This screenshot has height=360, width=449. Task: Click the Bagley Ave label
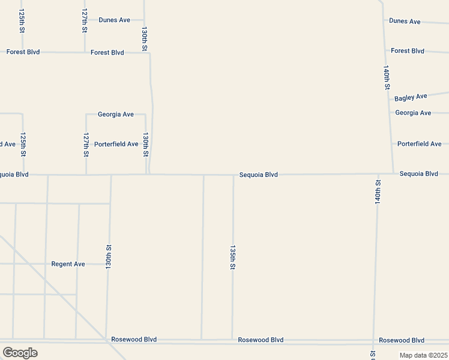pyautogui.click(x=411, y=97)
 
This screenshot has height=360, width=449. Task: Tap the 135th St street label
pyautogui.click(x=232, y=257)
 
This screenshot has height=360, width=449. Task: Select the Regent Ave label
pyautogui.click(x=68, y=264)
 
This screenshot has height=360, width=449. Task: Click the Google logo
pyautogui.click(x=20, y=353)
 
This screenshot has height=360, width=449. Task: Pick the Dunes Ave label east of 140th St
pyautogui.click(x=405, y=21)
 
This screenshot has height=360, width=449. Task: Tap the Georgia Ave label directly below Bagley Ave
pyautogui.click(x=413, y=113)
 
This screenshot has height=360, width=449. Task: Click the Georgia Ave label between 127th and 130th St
pyautogui.click(x=115, y=114)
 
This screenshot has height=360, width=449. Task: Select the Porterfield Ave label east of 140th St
pyautogui.click(x=419, y=144)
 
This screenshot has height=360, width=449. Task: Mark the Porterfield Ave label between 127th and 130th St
pyautogui.click(x=116, y=144)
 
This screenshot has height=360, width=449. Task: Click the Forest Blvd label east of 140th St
pyautogui.click(x=407, y=51)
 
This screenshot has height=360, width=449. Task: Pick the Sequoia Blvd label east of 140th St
pyautogui.click(x=418, y=174)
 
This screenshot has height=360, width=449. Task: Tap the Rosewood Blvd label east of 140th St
pyautogui.click(x=401, y=340)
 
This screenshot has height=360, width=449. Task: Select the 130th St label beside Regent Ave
pyautogui.click(x=109, y=256)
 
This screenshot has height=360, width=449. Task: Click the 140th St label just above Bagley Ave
pyautogui.click(x=387, y=77)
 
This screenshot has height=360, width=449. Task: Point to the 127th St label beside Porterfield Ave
pyautogui.click(x=86, y=145)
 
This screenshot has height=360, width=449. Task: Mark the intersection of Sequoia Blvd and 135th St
pyautogui.click(x=234, y=175)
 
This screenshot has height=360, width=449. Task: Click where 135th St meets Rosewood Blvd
pyautogui.click(x=232, y=340)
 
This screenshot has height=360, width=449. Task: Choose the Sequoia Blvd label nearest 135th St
pyautogui.click(x=258, y=175)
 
